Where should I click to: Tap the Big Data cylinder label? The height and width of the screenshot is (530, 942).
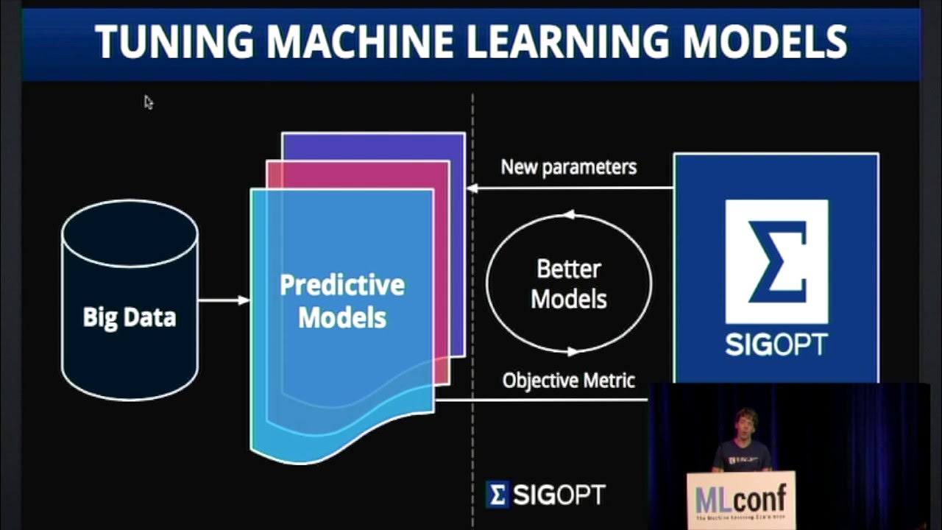[x=130, y=317]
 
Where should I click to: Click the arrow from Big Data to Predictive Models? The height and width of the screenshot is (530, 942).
[x=224, y=300]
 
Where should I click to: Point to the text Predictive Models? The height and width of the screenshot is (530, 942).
[x=342, y=301]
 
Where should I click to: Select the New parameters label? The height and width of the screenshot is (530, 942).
[x=568, y=167]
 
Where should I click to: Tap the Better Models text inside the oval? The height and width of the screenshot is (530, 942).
[x=569, y=284]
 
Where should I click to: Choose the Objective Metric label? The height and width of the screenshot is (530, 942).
[x=568, y=381]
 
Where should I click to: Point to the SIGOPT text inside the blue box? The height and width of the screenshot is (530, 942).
[x=776, y=344]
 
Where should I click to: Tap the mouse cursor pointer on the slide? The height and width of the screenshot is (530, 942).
[x=148, y=102]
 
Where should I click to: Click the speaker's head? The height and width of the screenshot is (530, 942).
[x=744, y=423]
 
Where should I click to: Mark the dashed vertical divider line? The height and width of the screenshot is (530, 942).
[x=472, y=294]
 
